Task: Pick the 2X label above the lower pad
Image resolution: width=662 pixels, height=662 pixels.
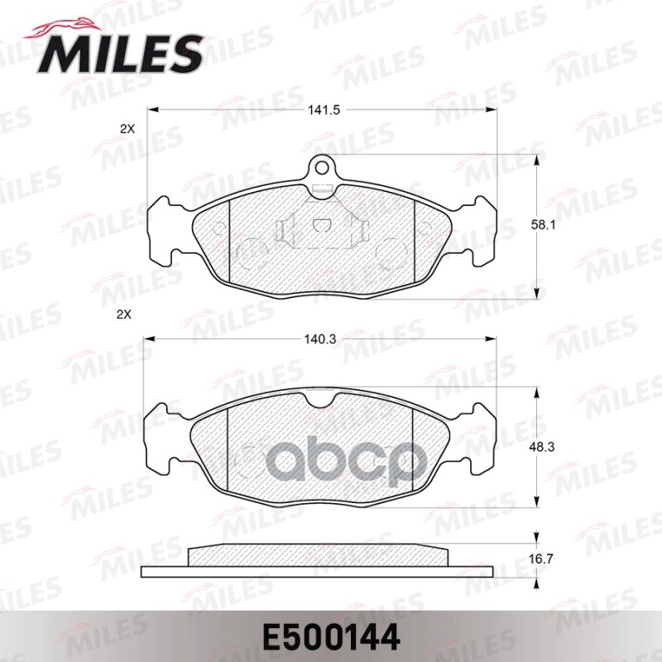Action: (125, 315)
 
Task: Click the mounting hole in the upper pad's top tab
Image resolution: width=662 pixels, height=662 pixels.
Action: (321, 168)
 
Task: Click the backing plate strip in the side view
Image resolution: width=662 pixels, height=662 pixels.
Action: (319, 571)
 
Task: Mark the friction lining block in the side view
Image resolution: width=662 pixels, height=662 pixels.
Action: (319, 555)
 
